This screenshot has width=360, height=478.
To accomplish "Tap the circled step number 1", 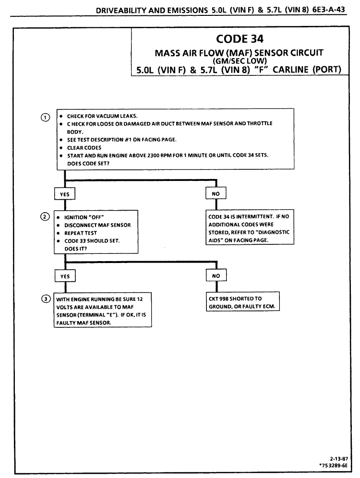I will click(45, 118).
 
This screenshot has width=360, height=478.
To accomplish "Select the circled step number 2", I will click(45, 216).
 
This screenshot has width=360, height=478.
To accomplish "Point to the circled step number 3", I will click(45, 299).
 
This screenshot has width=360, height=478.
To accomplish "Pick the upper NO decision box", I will click(216, 193).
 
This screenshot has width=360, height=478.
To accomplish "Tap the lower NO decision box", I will click(216, 276).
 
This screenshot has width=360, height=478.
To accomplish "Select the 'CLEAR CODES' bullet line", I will click(81, 147).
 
